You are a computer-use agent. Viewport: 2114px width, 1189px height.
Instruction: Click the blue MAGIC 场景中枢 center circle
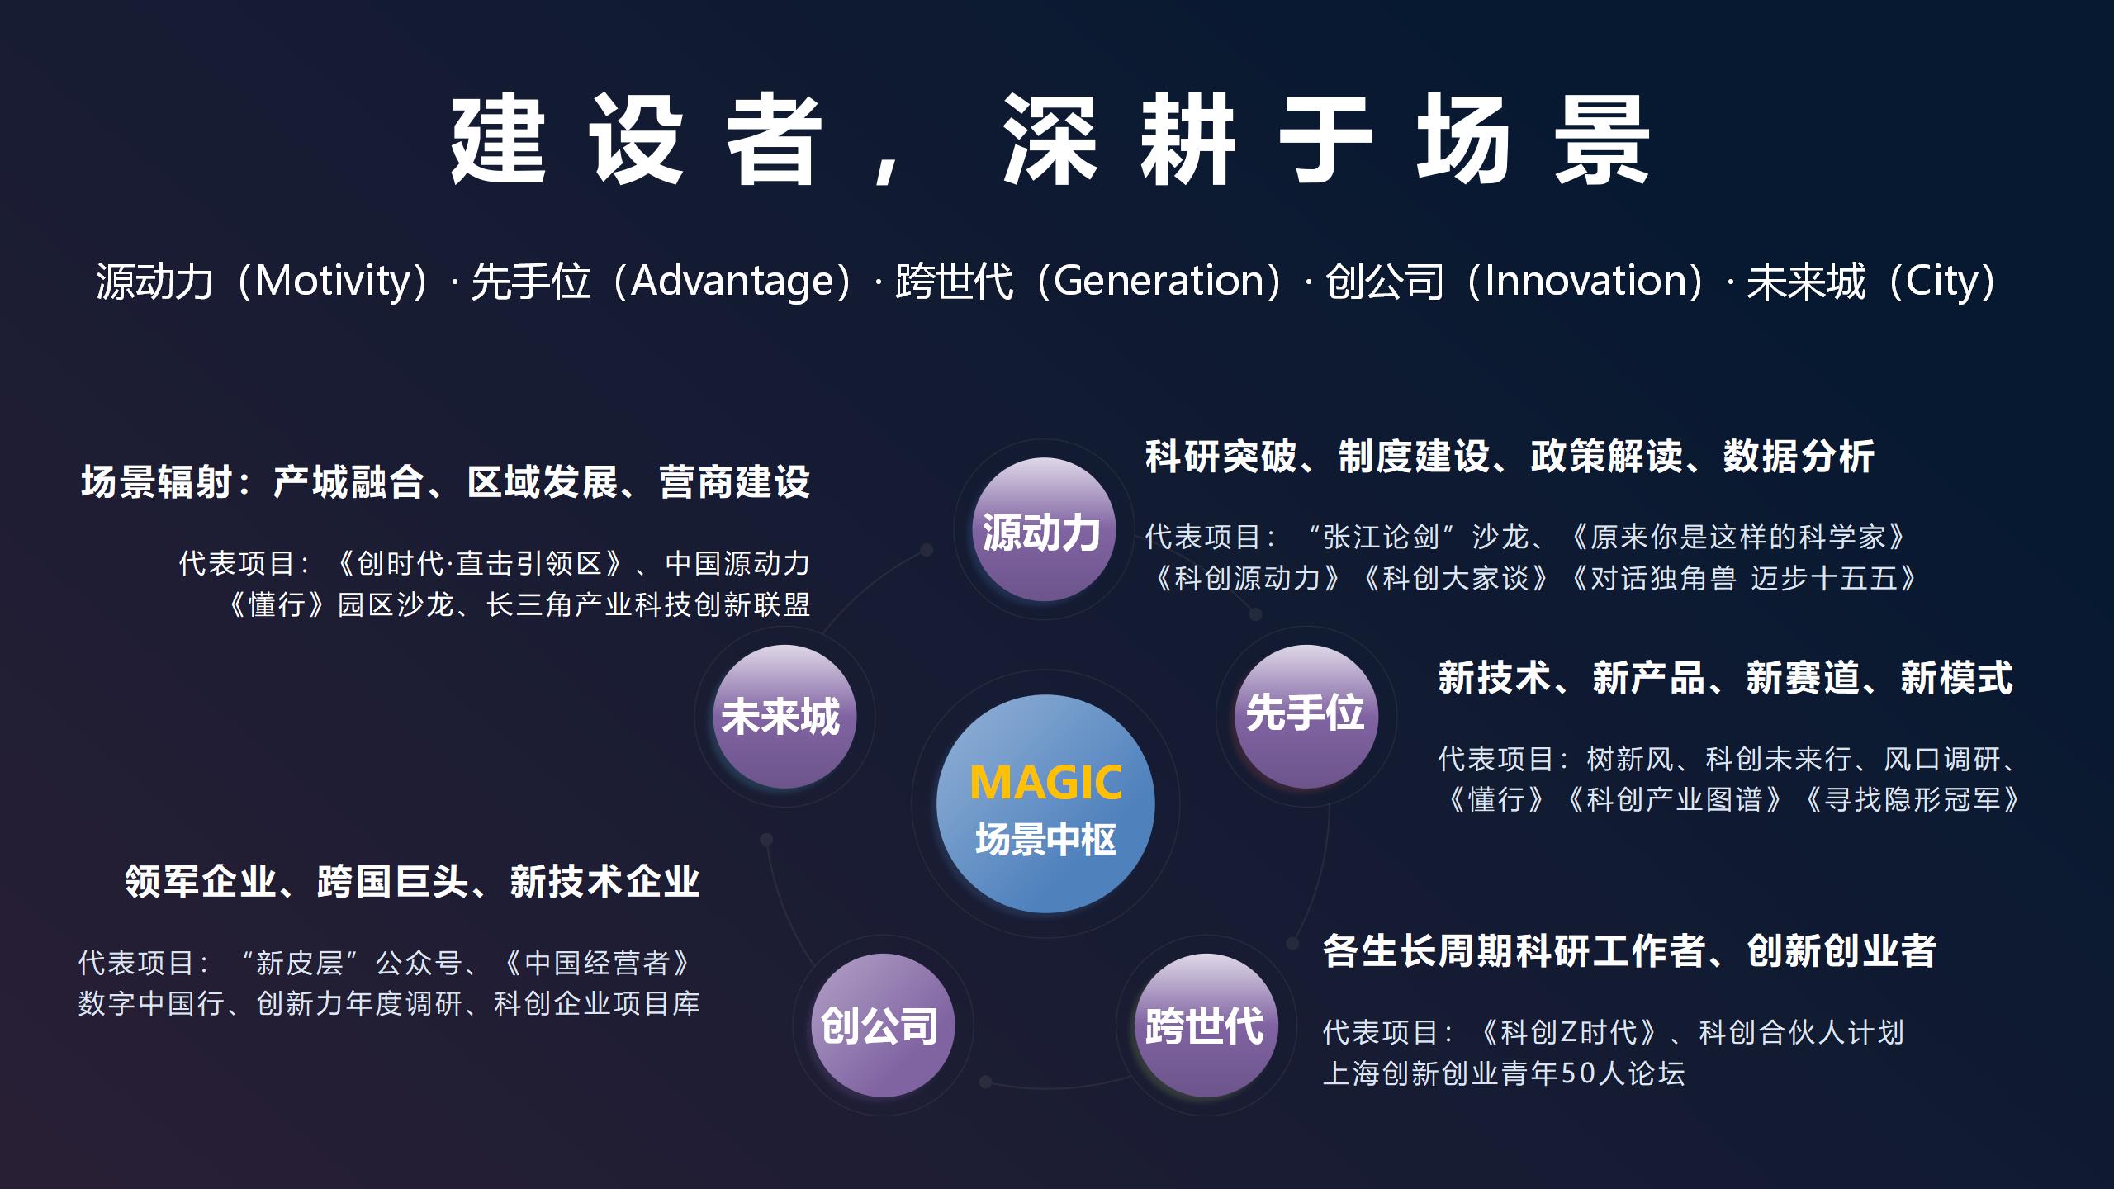point(1045,803)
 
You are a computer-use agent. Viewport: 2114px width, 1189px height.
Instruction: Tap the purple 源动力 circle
point(1044,529)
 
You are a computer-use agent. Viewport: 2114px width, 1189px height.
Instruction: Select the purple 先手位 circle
point(1306,716)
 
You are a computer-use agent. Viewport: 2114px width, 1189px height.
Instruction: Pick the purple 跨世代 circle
point(1206,1025)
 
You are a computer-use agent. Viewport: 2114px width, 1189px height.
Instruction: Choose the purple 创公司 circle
point(882,1025)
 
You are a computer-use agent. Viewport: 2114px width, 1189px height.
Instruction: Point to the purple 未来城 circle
point(784,716)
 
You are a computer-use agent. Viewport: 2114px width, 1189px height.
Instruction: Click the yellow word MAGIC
point(1045,782)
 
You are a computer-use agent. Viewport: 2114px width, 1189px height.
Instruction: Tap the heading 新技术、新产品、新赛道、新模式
point(1725,678)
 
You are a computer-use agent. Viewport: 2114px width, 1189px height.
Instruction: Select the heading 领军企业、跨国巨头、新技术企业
point(412,881)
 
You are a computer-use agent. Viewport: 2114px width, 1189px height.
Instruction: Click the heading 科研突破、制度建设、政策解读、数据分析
point(1510,457)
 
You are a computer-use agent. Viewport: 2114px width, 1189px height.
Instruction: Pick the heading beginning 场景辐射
point(445,482)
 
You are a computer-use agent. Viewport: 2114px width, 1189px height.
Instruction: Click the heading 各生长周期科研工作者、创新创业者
point(1629,950)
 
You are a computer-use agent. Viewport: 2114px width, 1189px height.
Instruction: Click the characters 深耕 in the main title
point(1119,139)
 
